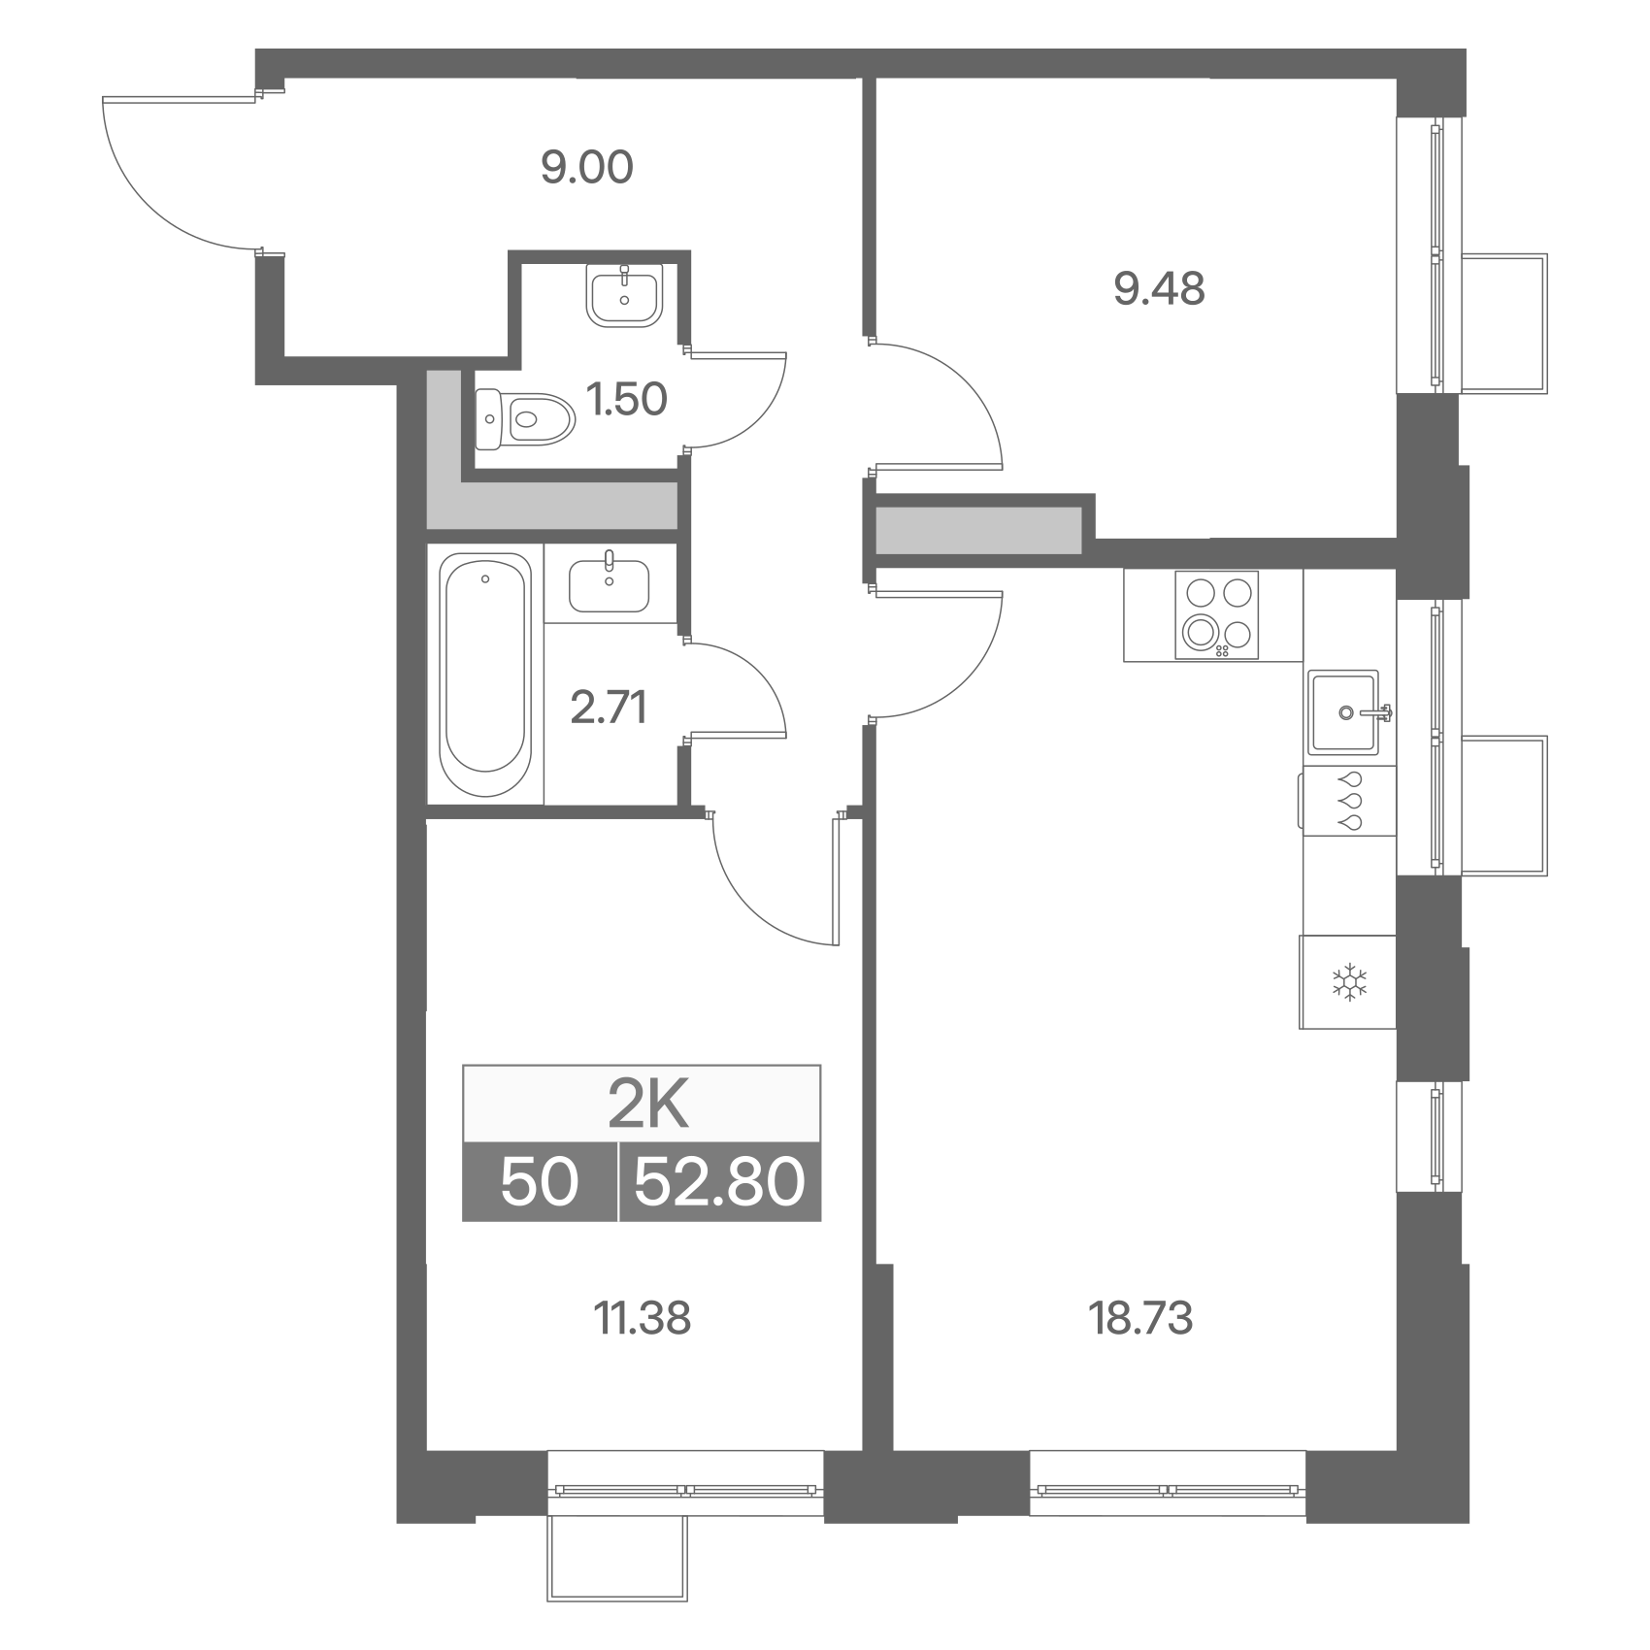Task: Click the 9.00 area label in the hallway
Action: (x=587, y=168)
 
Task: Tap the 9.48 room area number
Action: (x=1159, y=288)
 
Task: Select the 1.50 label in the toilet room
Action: (x=628, y=399)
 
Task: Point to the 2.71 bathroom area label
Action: (x=609, y=708)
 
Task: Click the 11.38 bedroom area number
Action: (x=642, y=1319)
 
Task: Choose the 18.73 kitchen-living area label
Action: (x=1141, y=1319)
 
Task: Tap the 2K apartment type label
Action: (x=648, y=1107)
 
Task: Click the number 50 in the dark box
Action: (x=540, y=1183)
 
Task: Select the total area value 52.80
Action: (x=719, y=1183)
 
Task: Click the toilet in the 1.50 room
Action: (x=524, y=419)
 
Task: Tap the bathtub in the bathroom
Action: (x=485, y=676)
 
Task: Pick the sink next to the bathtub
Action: (x=609, y=582)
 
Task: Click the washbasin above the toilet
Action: (x=624, y=294)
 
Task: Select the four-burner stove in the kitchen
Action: (x=1216, y=614)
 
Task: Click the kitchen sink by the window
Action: (x=1347, y=711)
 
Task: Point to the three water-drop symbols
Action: (x=1350, y=801)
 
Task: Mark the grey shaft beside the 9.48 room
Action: (x=978, y=530)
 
